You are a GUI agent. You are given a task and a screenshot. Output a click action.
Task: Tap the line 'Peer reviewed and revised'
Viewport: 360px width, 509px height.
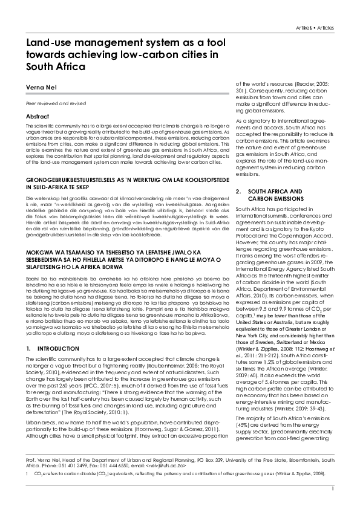click(49, 103)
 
